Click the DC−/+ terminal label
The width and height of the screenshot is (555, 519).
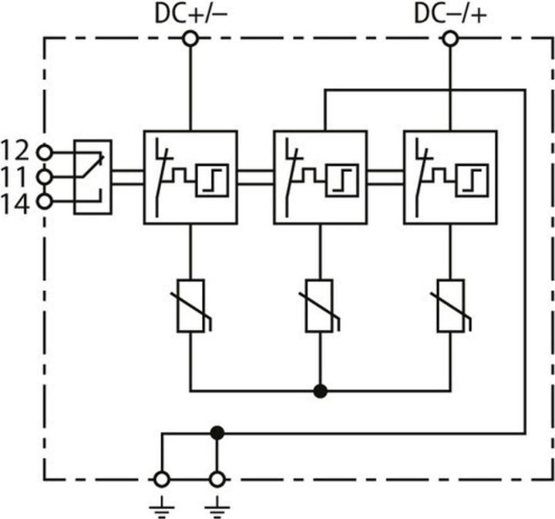click(449, 14)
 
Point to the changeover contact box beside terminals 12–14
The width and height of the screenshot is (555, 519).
click(92, 177)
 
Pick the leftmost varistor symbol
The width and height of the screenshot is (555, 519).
click(190, 305)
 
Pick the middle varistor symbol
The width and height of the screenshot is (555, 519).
click(319, 305)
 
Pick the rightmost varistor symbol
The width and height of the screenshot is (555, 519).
click(449, 305)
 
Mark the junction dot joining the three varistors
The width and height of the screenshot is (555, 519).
click(319, 391)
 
